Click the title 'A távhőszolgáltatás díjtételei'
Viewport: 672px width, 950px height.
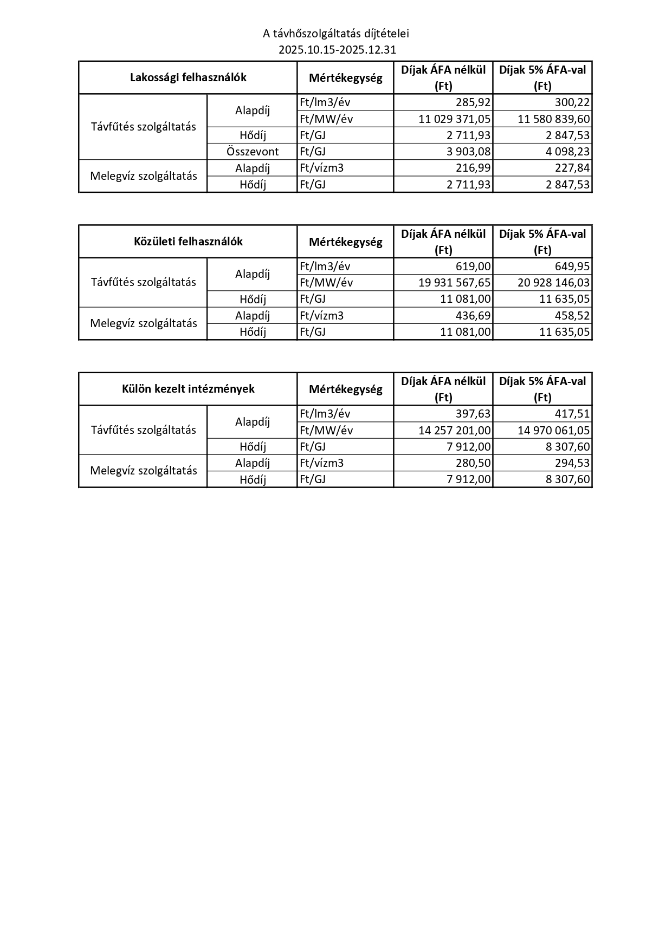pos(336,34)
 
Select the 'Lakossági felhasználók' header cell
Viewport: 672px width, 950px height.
pos(188,77)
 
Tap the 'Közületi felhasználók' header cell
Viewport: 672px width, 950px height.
pos(188,242)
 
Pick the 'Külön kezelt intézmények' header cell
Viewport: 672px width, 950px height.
pos(188,389)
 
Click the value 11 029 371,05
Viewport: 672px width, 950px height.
pos(455,119)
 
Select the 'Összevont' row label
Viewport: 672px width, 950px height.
pos(253,152)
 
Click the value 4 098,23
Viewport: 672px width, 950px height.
pos(567,152)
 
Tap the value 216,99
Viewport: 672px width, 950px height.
pos(473,168)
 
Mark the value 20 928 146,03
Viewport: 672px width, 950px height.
pos(554,283)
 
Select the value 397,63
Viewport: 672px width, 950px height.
pos(473,414)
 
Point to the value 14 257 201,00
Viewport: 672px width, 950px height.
pos(455,431)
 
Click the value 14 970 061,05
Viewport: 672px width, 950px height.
pos(554,431)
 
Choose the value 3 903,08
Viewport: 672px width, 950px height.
pos(469,152)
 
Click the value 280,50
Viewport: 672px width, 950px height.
pos(473,463)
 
